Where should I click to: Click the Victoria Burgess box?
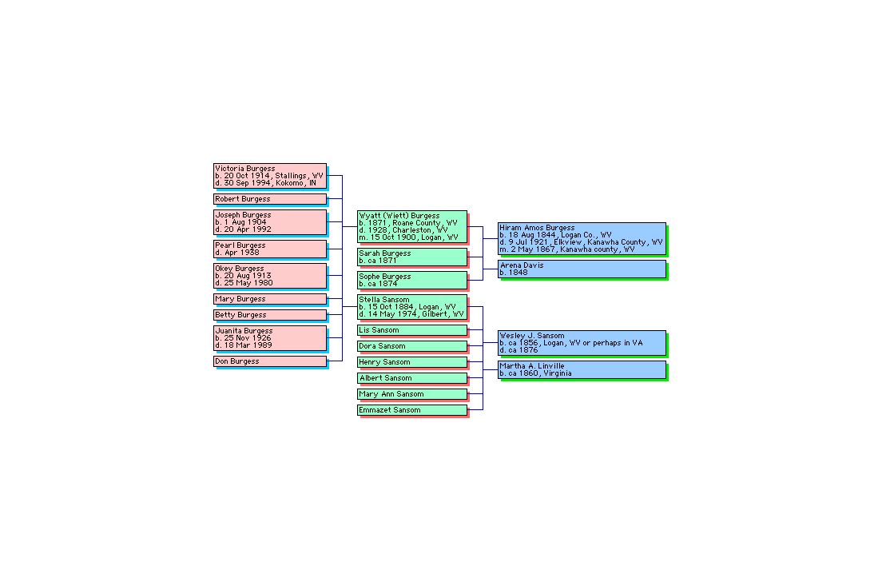(270, 176)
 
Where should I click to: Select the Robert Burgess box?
(270, 199)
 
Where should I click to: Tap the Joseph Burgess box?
(270, 222)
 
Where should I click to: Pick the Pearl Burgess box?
(270, 249)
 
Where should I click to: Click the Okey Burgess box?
(270, 276)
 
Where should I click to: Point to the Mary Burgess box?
(270, 299)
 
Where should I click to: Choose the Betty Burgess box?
(270, 315)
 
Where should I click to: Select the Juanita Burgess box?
(270, 338)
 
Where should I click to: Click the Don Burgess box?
(270, 361)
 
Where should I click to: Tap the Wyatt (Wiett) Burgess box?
(412, 227)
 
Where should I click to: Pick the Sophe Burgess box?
(412, 280)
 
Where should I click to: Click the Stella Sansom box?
(412, 307)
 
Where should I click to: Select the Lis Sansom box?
(412, 330)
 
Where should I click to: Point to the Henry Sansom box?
(412, 362)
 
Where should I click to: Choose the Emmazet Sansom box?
(412, 410)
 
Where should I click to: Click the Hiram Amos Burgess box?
(582, 239)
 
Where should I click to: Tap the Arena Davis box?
(582, 269)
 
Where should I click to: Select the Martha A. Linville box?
(582, 370)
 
